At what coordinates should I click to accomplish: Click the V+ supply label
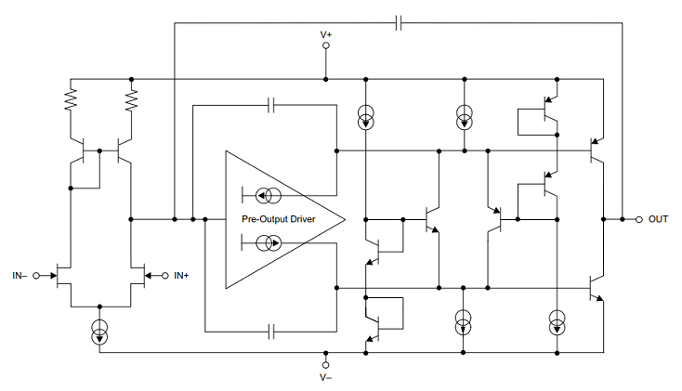pyautogui.click(x=326, y=34)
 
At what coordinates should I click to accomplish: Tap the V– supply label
pyautogui.click(x=326, y=377)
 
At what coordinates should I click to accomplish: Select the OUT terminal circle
pyautogui.click(x=639, y=219)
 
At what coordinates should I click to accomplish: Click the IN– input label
pyautogui.click(x=20, y=276)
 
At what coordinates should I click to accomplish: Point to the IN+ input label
pyautogui.click(x=181, y=276)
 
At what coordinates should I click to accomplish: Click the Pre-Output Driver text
pyautogui.click(x=279, y=219)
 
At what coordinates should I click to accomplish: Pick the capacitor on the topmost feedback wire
pyautogui.click(x=399, y=23)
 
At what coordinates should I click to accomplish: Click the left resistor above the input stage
pyautogui.click(x=71, y=99)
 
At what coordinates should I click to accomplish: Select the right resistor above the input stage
pyautogui.click(x=131, y=99)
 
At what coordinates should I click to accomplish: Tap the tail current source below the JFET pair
pyautogui.click(x=99, y=332)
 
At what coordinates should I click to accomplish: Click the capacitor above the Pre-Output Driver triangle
pyautogui.click(x=271, y=105)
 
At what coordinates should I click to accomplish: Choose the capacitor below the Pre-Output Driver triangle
pyautogui.click(x=271, y=332)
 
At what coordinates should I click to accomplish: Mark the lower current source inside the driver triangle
pyautogui.click(x=268, y=242)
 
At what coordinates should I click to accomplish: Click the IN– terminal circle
pyautogui.click(x=36, y=276)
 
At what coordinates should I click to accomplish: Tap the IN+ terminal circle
pyautogui.click(x=164, y=276)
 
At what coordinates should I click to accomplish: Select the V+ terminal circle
pyautogui.click(x=326, y=46)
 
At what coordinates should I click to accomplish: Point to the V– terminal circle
pyautogui.click(x=326, y=365)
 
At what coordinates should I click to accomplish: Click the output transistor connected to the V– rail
pyautogui.click(x=596, y=288)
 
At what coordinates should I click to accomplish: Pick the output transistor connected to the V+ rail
pyautogui.click(x=596, y=150)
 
